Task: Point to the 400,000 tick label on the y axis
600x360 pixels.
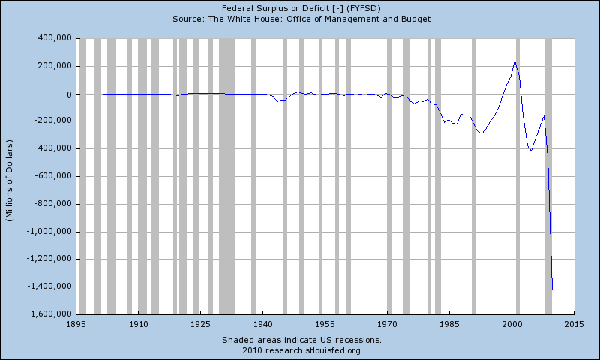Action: (x=51, y=38)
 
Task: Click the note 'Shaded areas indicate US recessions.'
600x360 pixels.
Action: (x=301, y=340)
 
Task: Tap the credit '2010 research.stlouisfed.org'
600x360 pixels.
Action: (x=301, y=350)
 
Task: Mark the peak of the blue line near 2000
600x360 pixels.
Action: (x=515, y=61)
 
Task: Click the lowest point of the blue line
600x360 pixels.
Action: (x=552, y=289)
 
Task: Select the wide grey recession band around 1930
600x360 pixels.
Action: (x=226, y=176)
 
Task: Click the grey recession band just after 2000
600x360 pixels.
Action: (x=517, y=176)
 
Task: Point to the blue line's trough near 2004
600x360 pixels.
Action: (x=531, y=151)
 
